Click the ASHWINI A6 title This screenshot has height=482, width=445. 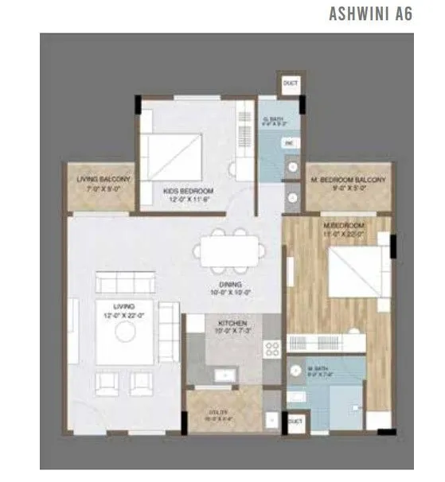371,14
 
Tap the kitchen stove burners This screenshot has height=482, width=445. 272,350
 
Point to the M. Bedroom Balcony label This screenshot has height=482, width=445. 348,185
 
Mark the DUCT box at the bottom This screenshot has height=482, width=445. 295,420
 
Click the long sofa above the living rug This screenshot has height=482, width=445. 123,283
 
